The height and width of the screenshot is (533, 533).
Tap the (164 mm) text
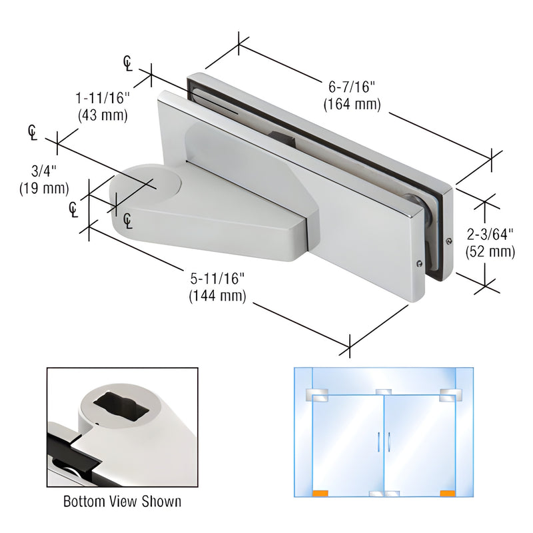(x=351, y=104)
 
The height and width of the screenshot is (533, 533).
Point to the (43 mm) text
(x=103, y=115)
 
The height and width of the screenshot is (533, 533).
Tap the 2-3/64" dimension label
(x=490, y=235)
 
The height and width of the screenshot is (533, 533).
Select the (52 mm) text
(x=490, y=251)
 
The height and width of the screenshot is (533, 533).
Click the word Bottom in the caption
(x=82, y=501)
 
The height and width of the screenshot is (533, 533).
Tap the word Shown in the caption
(x=162, y=501)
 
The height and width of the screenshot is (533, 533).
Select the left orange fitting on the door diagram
(x=320, y=494)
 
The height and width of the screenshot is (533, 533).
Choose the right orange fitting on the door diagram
(x=447, y=494)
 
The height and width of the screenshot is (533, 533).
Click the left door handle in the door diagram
(x=378, y=440)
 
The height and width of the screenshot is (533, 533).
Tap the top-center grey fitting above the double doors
(x=384, y=392)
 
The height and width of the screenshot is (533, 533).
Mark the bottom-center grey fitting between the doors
(x=384, y=494)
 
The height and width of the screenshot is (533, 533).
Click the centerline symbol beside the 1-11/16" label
(x=128, y=63)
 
